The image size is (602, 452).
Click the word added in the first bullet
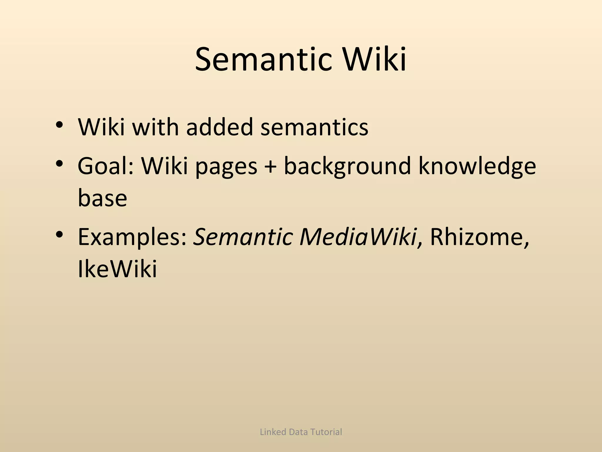[x=219, y=127]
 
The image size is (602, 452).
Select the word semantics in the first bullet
[x=314, y=127]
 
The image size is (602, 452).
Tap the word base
[x=102, y=198]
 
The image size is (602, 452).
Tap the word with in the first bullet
[x=155, y=127]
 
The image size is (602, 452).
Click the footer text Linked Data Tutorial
[x=301, y=432]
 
